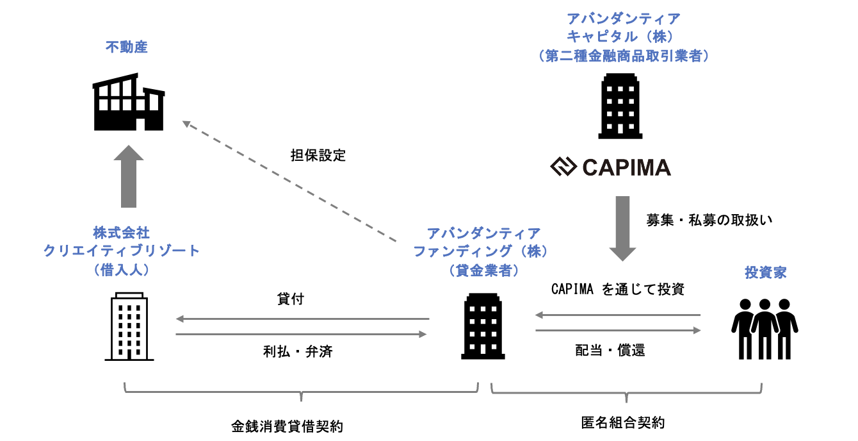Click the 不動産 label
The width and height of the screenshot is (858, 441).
127,47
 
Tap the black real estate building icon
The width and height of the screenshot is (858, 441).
128,103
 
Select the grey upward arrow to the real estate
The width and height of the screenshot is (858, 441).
129,176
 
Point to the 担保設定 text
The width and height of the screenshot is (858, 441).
318,155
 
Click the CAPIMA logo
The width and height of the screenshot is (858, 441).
611,168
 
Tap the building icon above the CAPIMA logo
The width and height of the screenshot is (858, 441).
620,106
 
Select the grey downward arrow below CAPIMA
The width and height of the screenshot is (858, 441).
621,228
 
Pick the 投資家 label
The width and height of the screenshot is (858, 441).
766,272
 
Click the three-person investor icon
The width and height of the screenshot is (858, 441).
765,329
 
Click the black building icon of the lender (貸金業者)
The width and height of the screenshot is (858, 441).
483,327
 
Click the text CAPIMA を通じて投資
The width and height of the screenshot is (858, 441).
618,289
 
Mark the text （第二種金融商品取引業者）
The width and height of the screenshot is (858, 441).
624,56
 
